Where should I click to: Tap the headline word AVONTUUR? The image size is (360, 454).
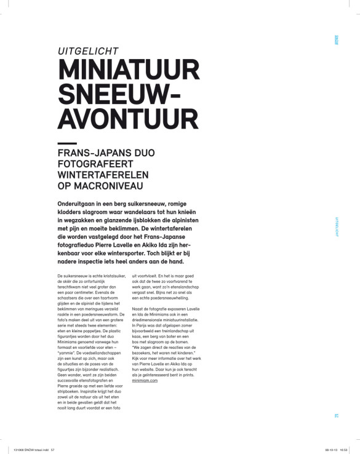(x=126, y=121)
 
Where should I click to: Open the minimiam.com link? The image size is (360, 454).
(x=145, y=381)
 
